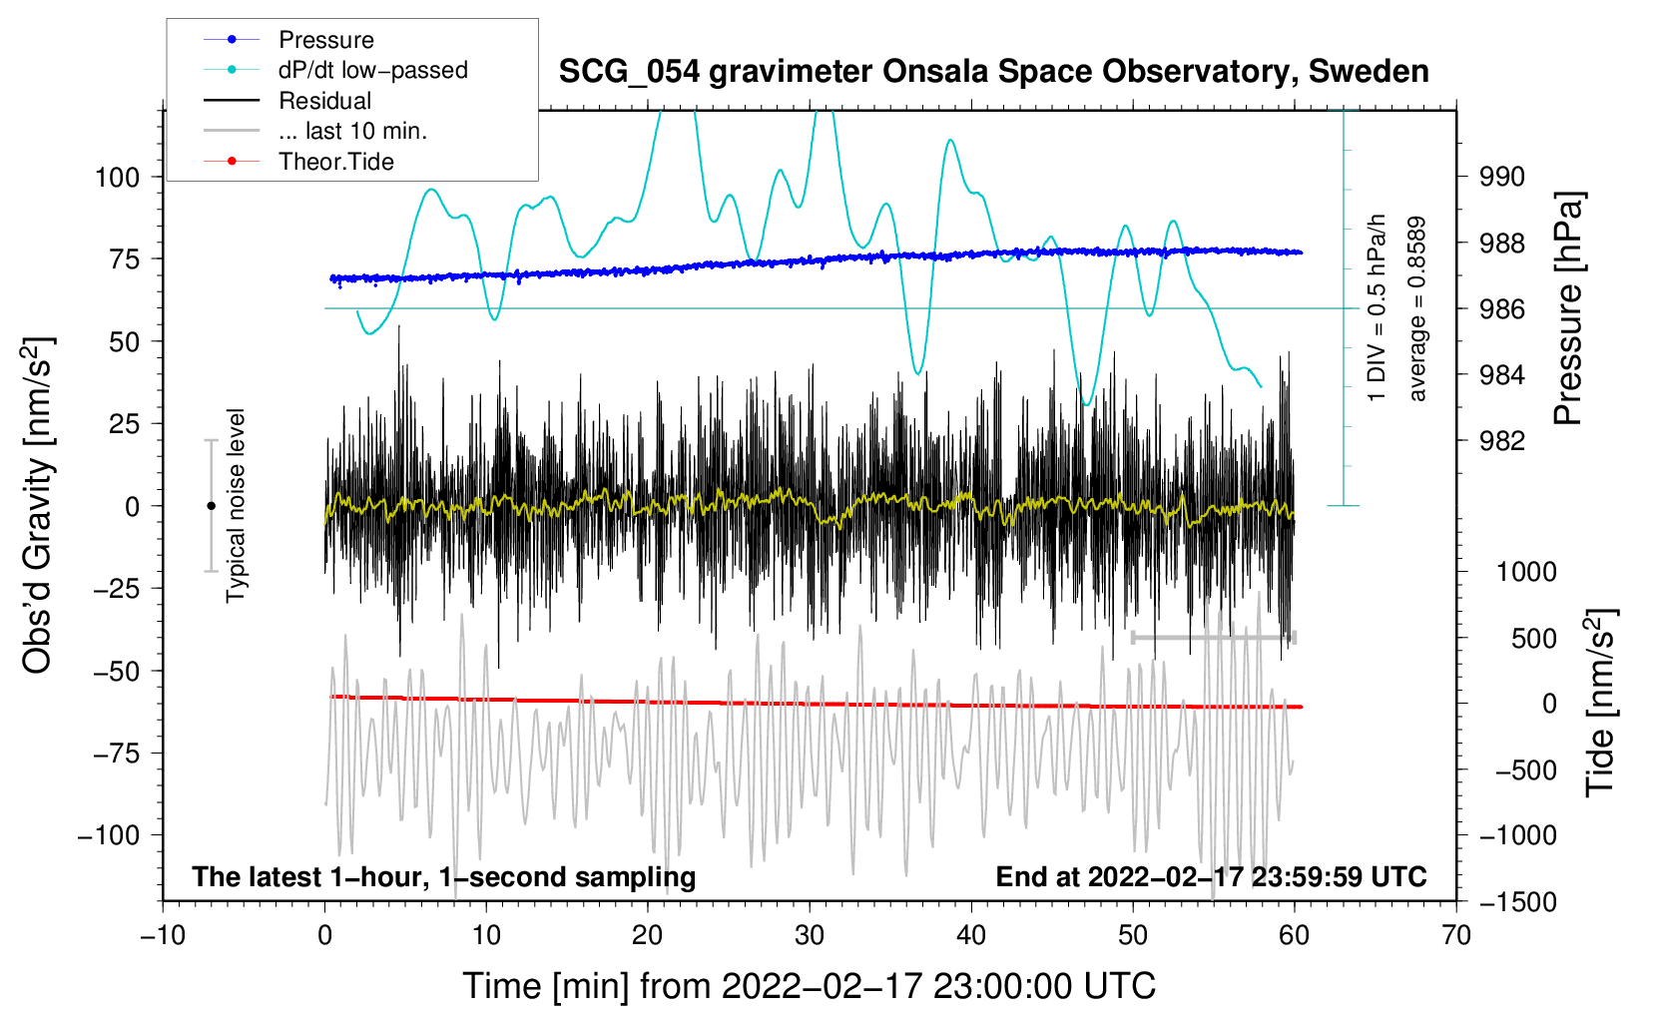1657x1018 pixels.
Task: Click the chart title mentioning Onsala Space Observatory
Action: coord(993,72)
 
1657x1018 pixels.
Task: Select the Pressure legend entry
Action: coord(325,40)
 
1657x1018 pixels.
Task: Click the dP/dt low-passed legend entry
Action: coord(372,70)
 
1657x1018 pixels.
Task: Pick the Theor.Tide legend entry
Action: coord(335,162)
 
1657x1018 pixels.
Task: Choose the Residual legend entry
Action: coord(324,101)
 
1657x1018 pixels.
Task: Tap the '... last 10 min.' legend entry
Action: coord(352,131)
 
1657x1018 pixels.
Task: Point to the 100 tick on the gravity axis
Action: coord(117,178)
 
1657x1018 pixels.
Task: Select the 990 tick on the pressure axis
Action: coord(1502,178)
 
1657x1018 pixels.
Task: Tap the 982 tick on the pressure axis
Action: coord(1502,441)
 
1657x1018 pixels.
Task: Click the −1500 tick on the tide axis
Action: coord(1517,902)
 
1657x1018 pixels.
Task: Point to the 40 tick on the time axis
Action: coord(971,936)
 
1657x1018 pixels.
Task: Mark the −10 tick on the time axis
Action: coord(163,936)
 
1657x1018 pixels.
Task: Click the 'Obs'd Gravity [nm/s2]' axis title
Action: coord(38,505)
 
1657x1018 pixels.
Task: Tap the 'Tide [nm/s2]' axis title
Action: coord(1600,703)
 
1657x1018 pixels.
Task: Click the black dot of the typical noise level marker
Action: coord(211,506)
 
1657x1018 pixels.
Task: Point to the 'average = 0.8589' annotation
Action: coord(1417,309)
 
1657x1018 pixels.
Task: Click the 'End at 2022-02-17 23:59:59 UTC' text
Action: coord(1211,877)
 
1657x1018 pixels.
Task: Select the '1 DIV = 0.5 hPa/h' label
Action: coord(1378,307)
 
